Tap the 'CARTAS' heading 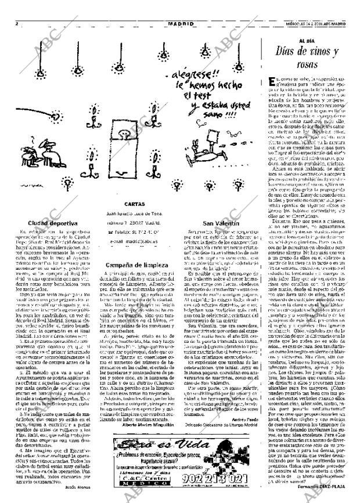click(x=134, y=204)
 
